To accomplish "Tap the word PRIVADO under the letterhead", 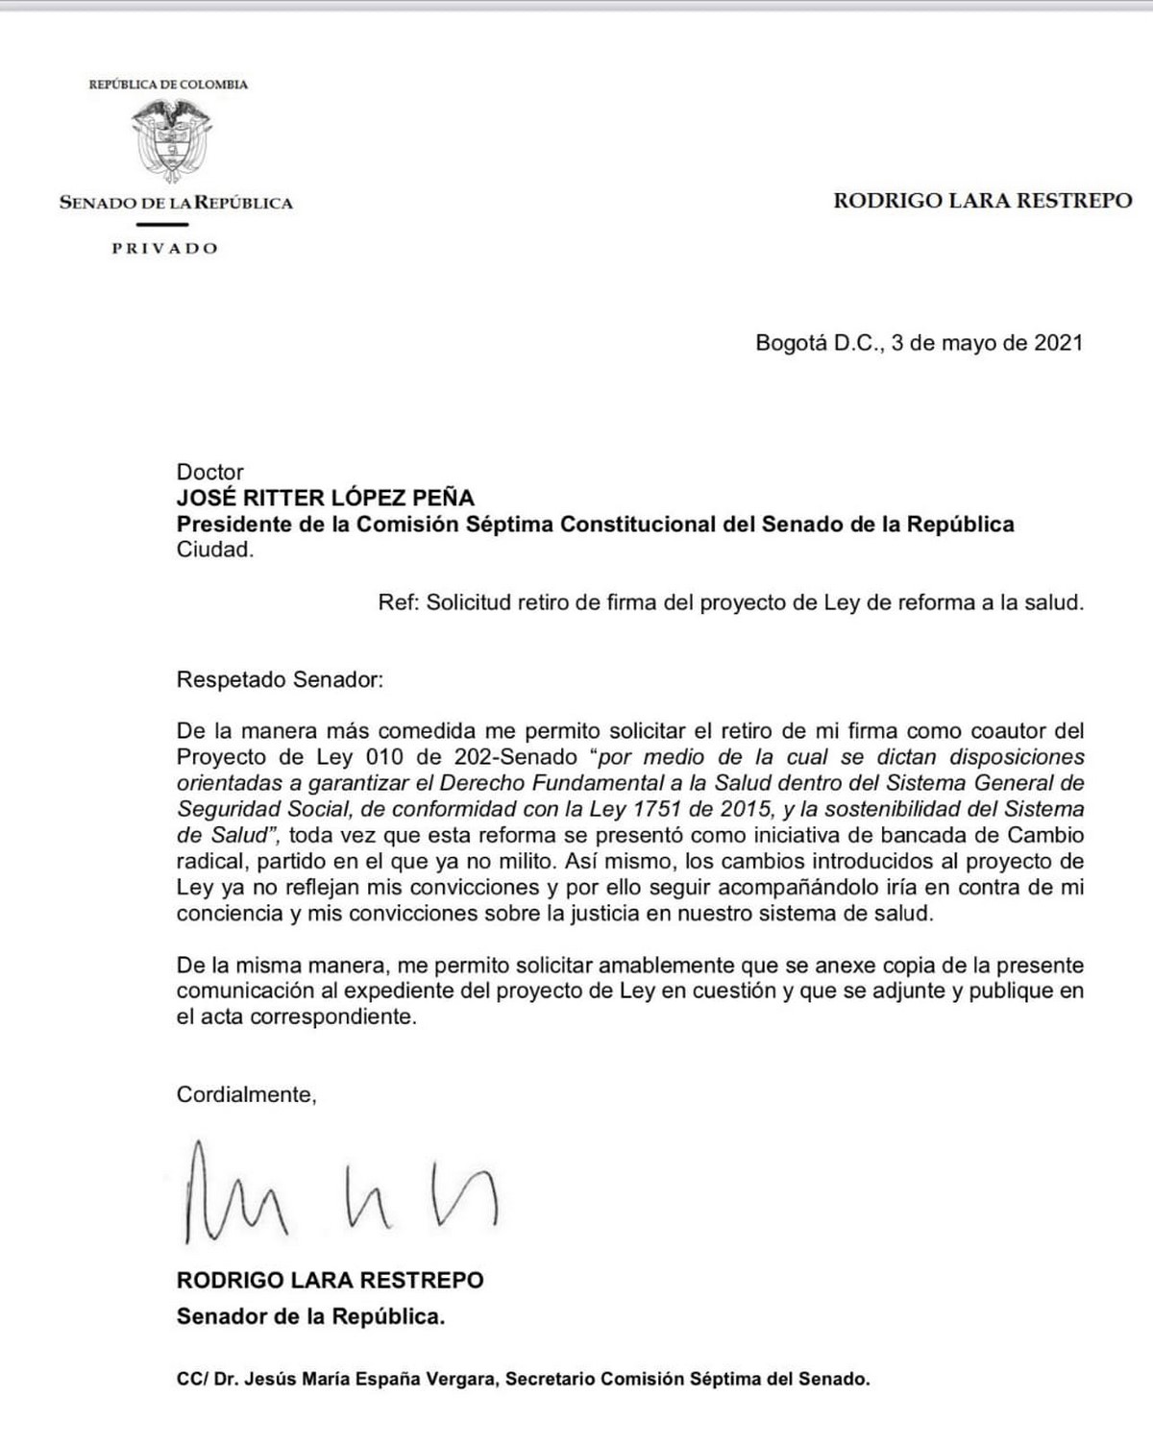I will (164, 249).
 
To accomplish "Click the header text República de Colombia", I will (168, 85).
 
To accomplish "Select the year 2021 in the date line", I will (1058, 343).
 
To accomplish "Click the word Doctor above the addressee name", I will (209, 472).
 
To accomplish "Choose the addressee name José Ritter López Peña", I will (325, 498).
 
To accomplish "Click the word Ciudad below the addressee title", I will (215, 551).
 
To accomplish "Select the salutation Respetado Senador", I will (280, 680).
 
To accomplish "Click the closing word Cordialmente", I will (246, 1093).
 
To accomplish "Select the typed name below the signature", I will (330, 1280).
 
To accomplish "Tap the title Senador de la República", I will (310, 1316).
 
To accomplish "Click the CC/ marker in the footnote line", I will (192, 1379).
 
